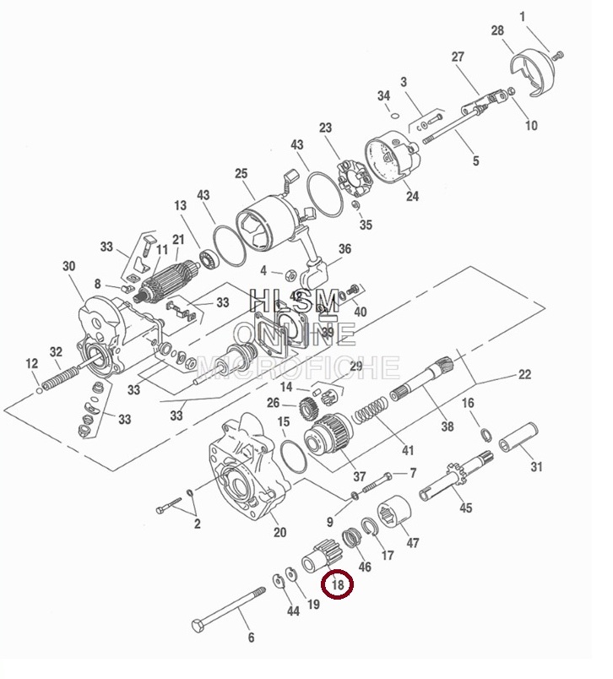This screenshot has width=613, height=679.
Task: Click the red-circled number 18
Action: coord(339,584)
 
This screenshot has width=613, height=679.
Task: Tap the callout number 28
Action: coord(497,31)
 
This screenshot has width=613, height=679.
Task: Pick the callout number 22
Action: coord(524,374)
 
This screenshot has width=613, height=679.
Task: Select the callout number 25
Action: coord(241,174)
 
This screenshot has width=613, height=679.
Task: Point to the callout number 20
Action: coord(279,532)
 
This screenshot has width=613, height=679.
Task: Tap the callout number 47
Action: coord(413,543)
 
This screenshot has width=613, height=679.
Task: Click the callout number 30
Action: coord(69,266)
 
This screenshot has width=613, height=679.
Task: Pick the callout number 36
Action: coord(344,249)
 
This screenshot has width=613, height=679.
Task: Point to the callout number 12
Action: coord(32,364)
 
